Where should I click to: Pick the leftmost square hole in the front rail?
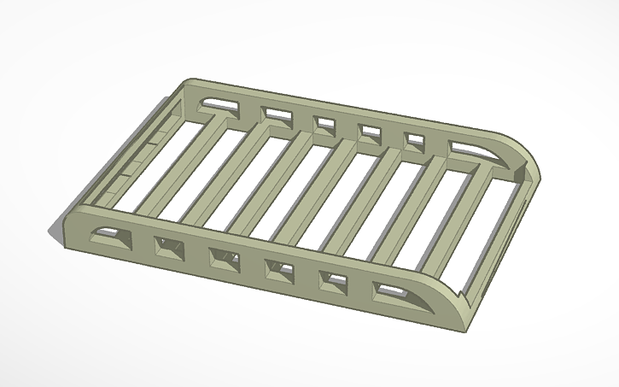click(168, 249)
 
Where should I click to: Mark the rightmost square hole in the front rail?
click(334, 282)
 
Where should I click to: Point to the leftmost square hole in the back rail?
click(276, 114)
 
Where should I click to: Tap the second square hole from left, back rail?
click(324, 123)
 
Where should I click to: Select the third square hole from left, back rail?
click(369, 132)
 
